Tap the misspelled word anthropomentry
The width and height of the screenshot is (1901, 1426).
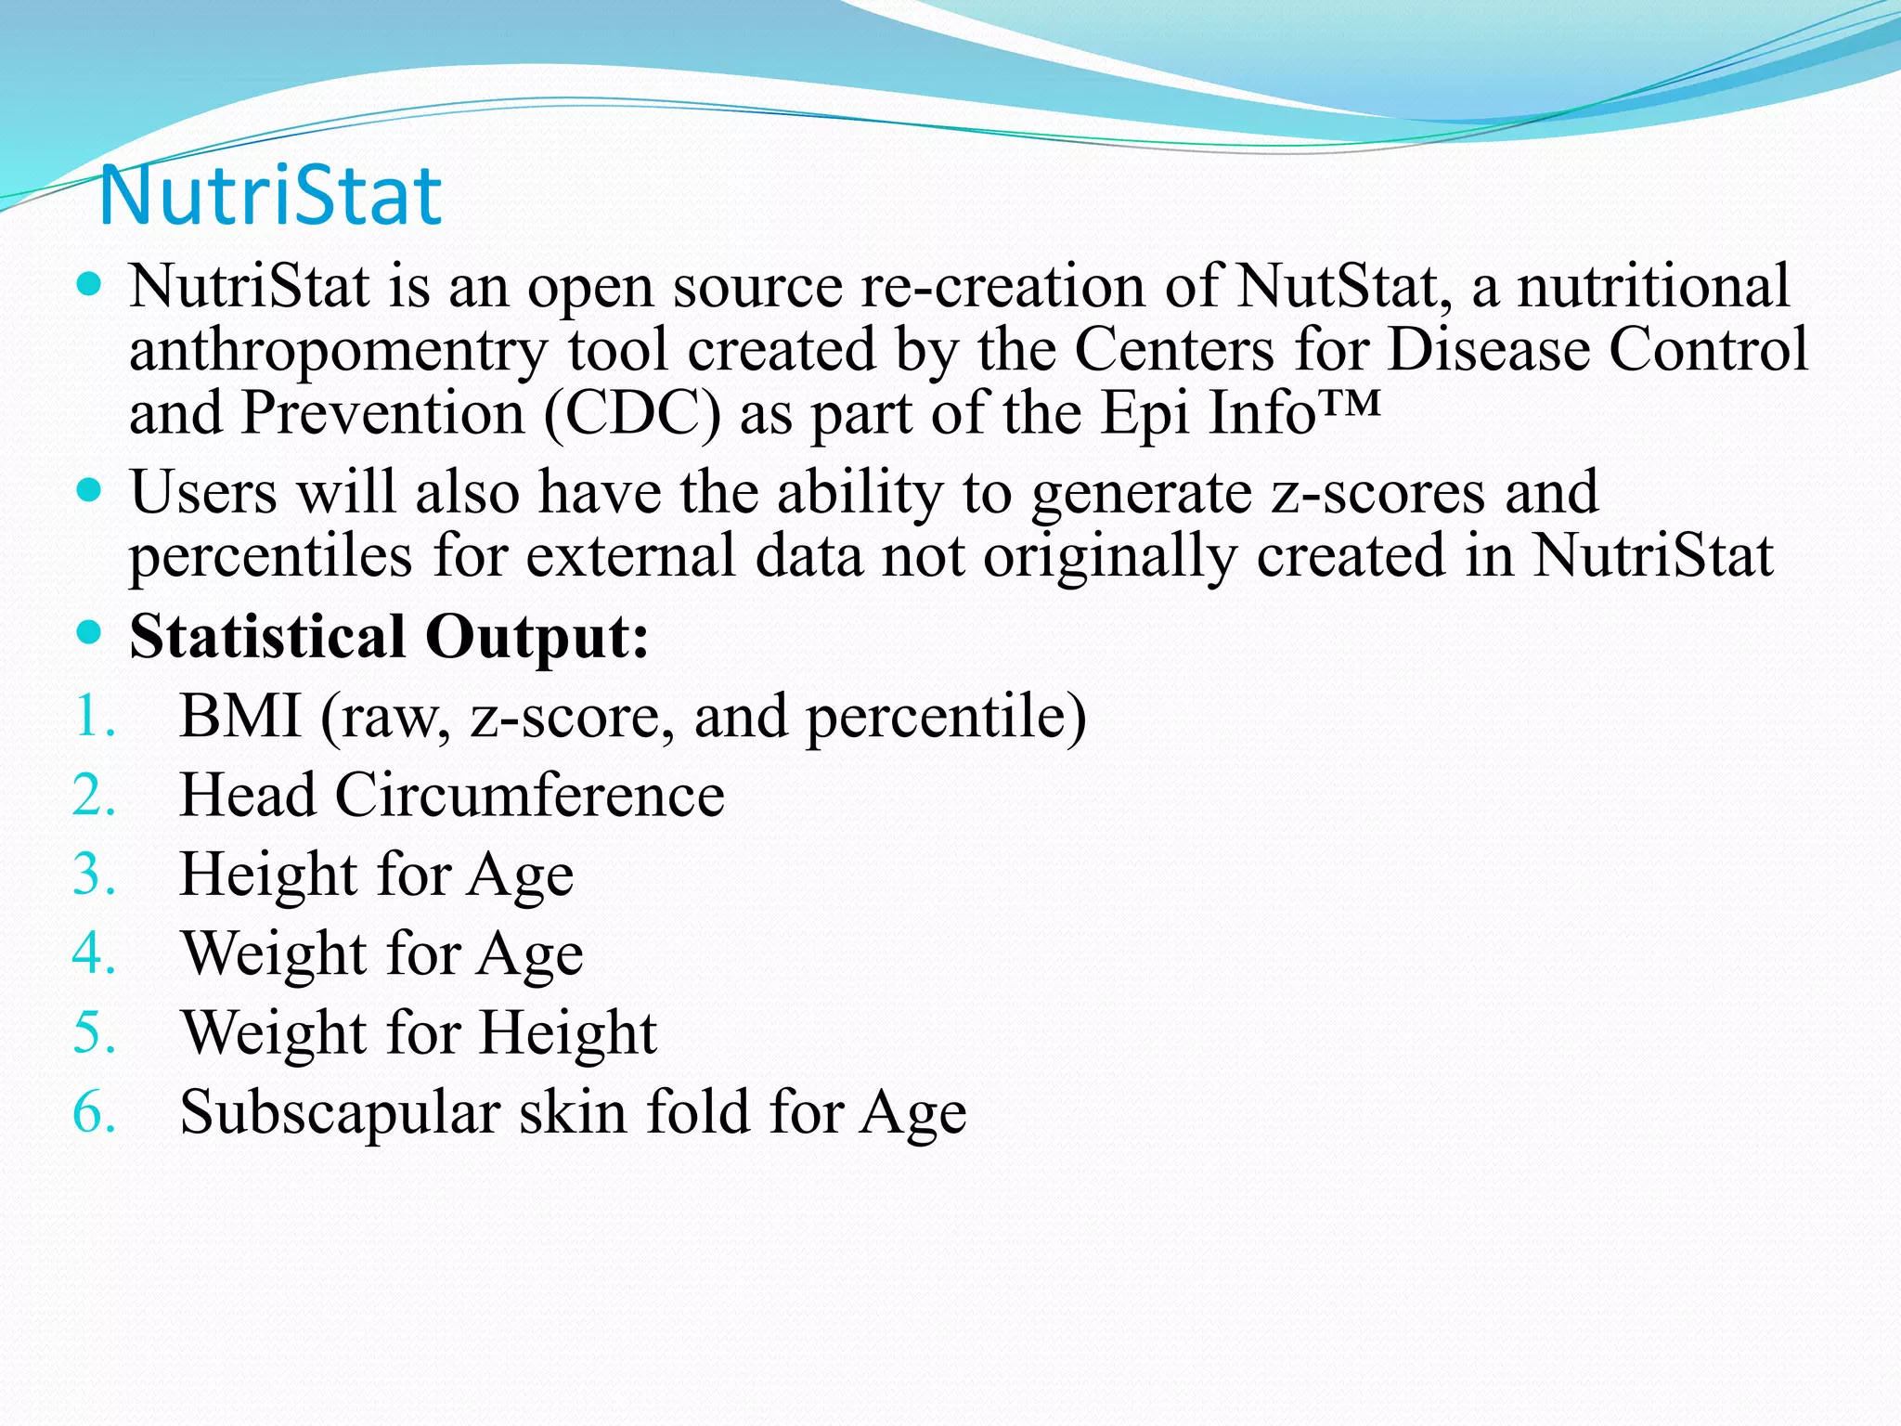339,351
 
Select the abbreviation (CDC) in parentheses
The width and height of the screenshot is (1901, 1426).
632,413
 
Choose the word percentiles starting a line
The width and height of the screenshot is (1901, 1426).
270,556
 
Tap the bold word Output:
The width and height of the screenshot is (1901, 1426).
537,637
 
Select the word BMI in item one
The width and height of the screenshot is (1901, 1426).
240,717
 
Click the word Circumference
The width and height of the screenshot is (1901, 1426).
529,796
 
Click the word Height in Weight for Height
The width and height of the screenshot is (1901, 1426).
568,1033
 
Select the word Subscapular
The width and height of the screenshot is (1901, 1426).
340,1112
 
